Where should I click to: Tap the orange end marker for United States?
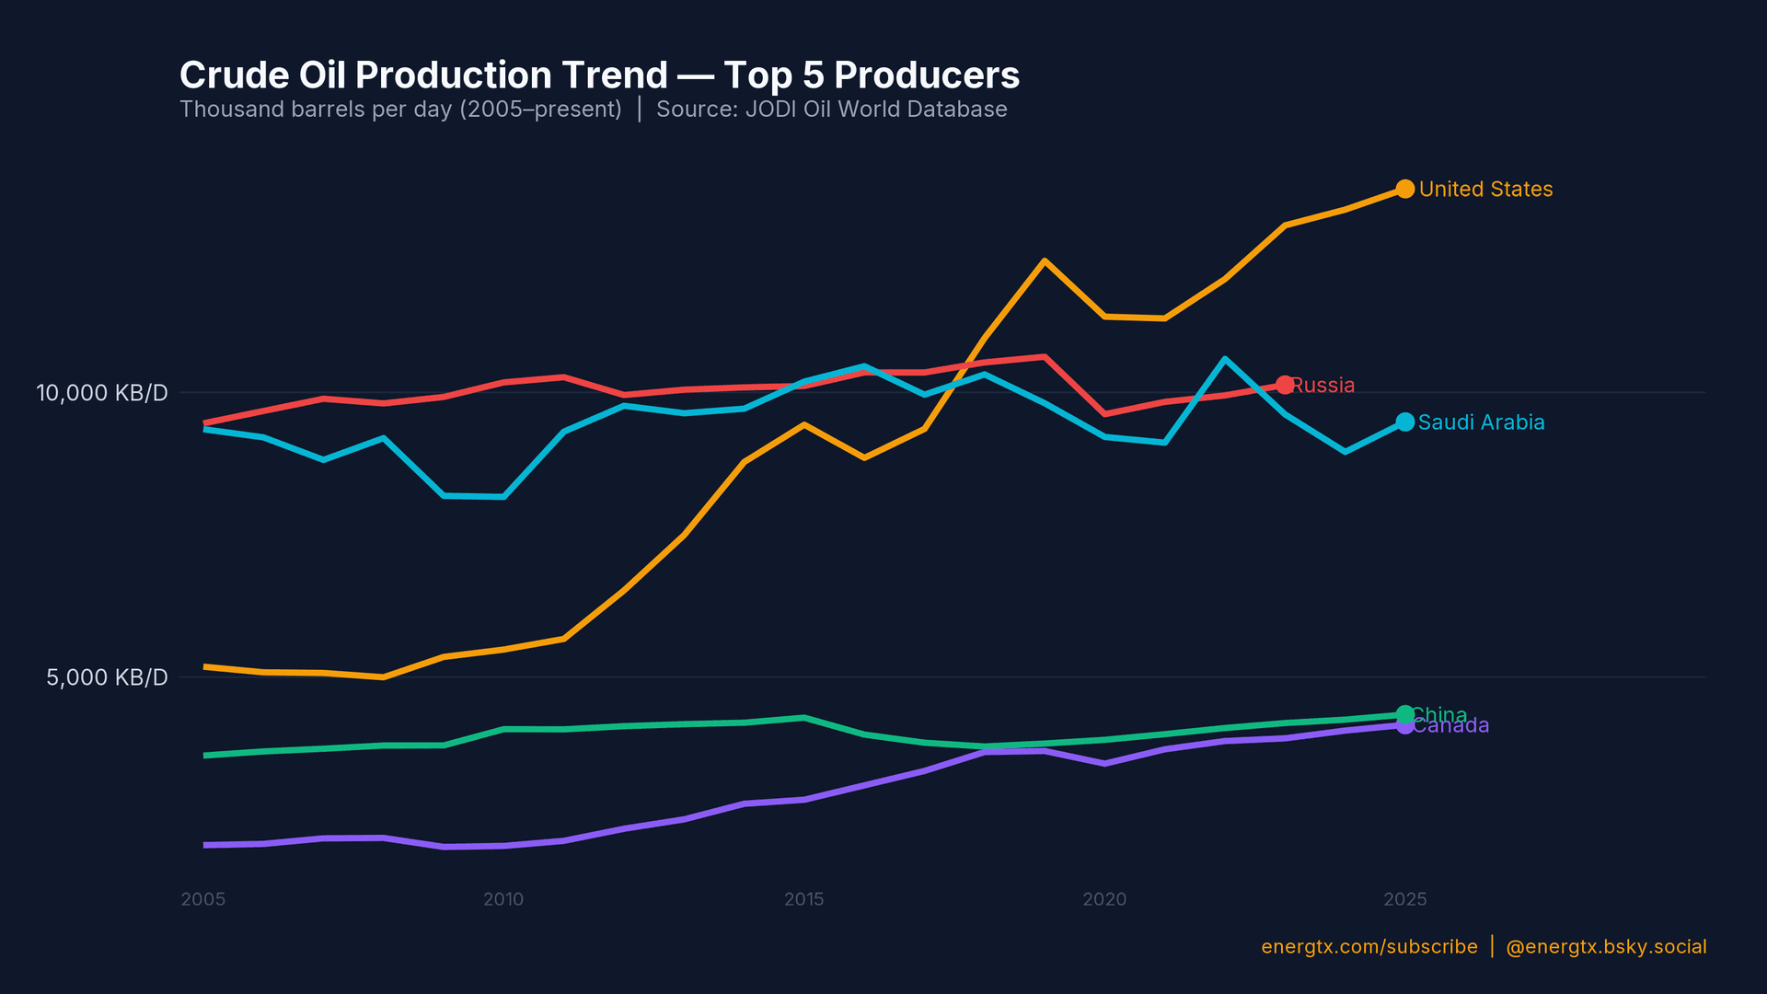tap(1404, 189)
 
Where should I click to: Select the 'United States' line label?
tap(1485, 190)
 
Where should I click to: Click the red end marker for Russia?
tap(1285, 385)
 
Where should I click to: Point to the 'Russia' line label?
tap(1323, 386)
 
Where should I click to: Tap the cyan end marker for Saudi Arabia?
tap(1404, 422)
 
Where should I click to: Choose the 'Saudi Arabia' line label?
tap(1481, 422)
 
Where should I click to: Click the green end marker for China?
tap(1404, 714)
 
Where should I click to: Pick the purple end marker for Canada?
tap(1404, 725)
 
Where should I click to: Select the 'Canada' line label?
tap(1452, 726)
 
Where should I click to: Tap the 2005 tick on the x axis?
tap(203, 899)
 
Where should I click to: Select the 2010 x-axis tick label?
tap(503, 899)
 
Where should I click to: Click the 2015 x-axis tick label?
tap(803, 899)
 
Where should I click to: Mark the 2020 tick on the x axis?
tap(1104, 899)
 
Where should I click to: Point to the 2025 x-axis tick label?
tap(1404, 899)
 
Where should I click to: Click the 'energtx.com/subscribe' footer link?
tap(1369, 947)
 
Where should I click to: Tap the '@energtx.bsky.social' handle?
tap(1606, 947)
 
